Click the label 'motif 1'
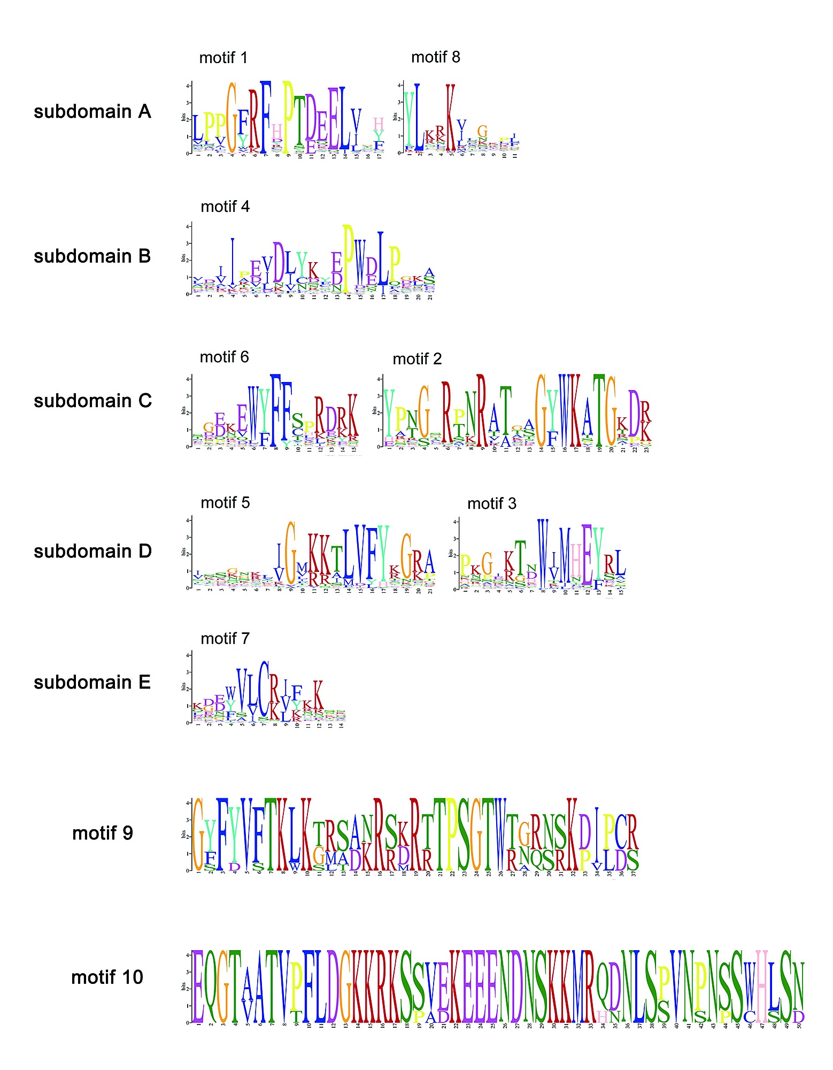click(223, 58)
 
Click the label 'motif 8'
click(435, 57)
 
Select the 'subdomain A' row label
click(92, 112)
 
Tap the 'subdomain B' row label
click(92, 256)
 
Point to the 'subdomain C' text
click(92, 401)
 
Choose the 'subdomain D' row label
click(92, 551)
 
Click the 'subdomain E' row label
click(92, 682)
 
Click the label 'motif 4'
click(225, 207)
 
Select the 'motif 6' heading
click(224, 357)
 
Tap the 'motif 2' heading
click(417, 359)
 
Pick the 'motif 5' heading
click(225, 502)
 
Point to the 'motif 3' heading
click(491, 503)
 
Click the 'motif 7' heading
click(225, 638)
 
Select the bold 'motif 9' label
click(102, 833)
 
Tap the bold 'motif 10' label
click(107, 977)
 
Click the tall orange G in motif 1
click(232, 118)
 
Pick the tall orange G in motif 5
click(290, 553)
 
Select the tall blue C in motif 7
click(264, 690)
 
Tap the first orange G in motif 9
click(198, 834)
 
